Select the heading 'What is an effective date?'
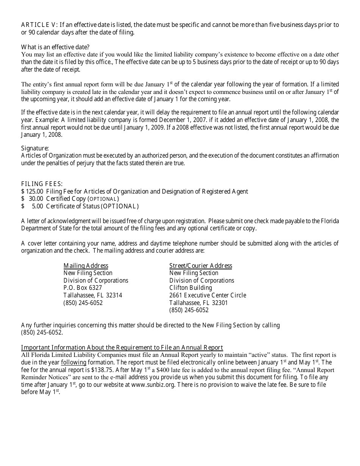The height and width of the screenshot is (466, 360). point(55,47)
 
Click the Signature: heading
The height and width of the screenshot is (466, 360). point(35,148)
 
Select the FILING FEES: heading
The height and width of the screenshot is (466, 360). point(42,184)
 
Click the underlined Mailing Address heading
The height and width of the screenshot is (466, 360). point(86,266)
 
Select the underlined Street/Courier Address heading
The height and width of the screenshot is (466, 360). point(200,266)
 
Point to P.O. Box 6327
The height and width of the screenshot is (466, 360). point(83,288)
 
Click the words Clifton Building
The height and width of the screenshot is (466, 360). point(191,288)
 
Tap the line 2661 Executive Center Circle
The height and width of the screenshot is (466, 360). point(208,295)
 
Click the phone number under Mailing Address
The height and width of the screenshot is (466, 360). point(83,303)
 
